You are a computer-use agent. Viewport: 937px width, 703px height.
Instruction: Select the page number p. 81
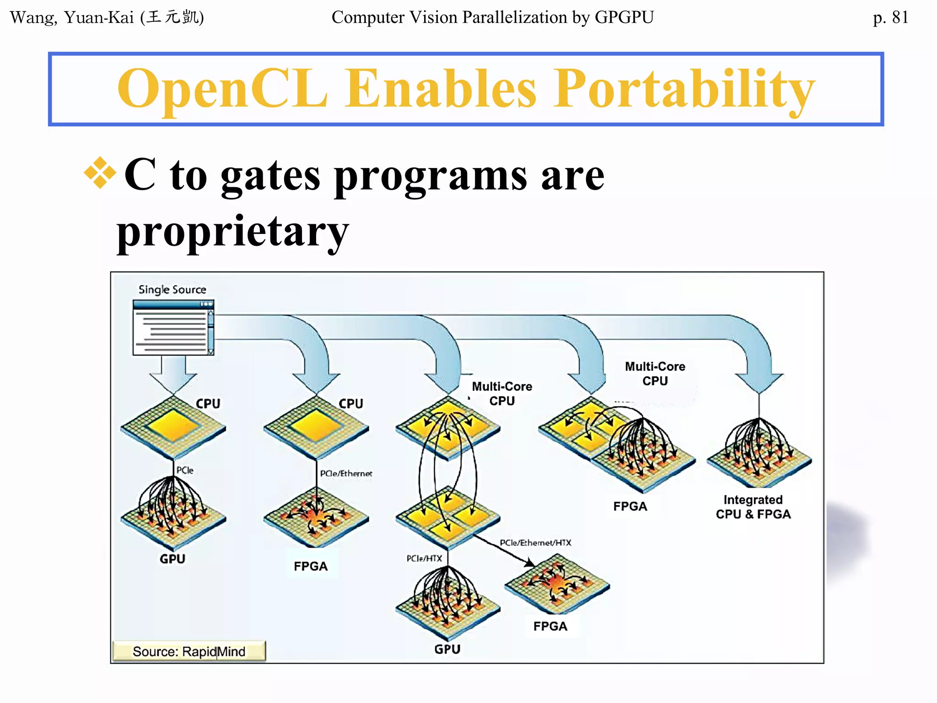point(890,17)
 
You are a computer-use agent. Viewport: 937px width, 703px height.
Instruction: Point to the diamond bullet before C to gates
point(100,173)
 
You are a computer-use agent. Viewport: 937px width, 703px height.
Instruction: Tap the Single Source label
point(172,290)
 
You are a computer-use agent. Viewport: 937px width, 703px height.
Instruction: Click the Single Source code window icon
point(173,327)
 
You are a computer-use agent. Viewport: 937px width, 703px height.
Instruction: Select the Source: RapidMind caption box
point(189,651)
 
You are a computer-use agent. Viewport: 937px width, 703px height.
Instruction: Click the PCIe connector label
point(185,470)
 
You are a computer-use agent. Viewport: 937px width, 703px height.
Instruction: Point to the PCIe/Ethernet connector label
point(346,473)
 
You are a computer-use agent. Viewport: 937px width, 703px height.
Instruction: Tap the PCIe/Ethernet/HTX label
point(535,542)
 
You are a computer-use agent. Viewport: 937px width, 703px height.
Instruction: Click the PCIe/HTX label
point(424,558)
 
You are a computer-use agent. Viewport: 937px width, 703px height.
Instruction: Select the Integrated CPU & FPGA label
point(753,507)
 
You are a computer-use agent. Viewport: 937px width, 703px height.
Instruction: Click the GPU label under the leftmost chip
point(172,559)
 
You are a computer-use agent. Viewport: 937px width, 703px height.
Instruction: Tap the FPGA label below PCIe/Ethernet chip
point(311,566)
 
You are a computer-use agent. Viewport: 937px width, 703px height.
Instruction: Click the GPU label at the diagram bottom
point(447,649)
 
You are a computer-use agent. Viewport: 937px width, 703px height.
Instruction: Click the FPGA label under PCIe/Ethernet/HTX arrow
point(550,626)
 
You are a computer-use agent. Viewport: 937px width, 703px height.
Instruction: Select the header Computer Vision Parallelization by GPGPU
point(492,17)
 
